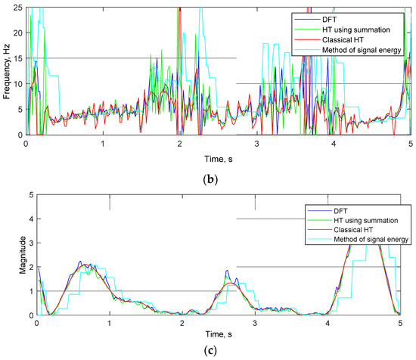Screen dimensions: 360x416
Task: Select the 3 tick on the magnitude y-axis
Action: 29,244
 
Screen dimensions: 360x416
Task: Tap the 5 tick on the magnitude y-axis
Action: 29,195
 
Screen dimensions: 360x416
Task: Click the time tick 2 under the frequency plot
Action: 180,144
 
